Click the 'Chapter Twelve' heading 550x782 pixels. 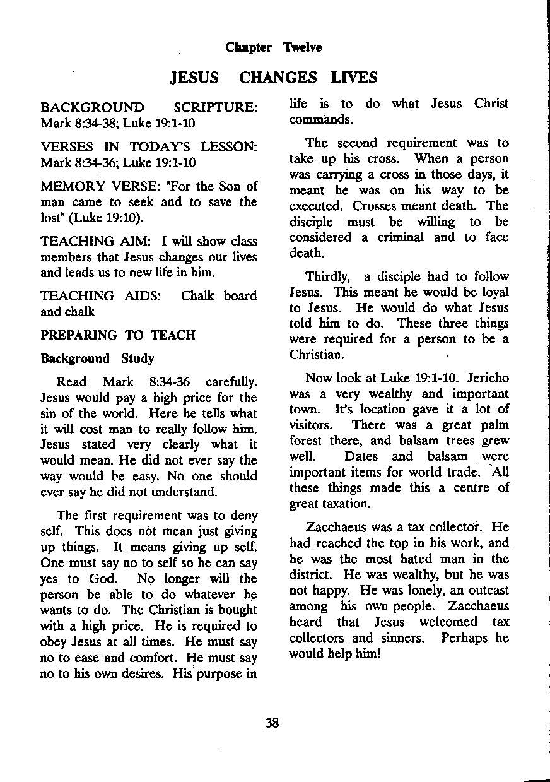[273, 48]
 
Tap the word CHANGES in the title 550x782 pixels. [278, 78]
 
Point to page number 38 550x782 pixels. [272, 723]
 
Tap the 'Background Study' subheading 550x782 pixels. [97, 358]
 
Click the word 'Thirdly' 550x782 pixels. [327, 276]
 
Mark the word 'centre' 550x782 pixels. [464, 488]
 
